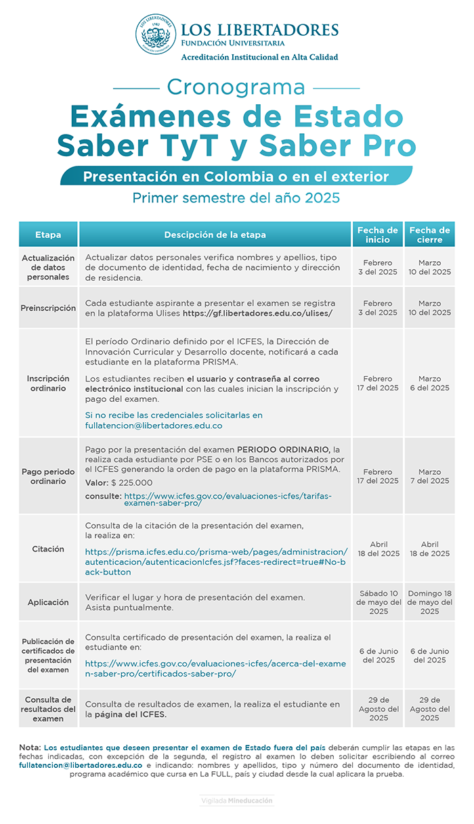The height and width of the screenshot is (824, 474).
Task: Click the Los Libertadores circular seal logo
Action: [156, 35]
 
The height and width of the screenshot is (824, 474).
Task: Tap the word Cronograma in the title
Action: [236, 87]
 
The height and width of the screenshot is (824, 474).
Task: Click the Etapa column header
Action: [48, 235]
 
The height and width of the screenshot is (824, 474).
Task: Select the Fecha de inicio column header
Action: [378, 235]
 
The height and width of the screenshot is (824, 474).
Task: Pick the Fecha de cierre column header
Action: [429, 235]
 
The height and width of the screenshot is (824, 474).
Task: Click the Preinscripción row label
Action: [48, 308]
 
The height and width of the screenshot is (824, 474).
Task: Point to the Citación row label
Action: [48, 549]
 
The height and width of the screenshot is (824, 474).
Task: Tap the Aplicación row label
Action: [48, 602]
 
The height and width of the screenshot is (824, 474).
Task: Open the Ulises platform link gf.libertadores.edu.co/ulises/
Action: [257, 313]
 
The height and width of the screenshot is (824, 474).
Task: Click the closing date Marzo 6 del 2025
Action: [429, 384]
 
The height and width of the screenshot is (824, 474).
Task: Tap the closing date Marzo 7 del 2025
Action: [429, 476]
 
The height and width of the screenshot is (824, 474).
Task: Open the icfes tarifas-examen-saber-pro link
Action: [228, 499]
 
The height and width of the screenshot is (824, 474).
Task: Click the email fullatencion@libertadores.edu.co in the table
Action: [154, 426]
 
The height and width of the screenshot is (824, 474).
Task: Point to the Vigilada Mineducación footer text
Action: [236, 800]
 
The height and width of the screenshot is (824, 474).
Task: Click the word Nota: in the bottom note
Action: [30, 747]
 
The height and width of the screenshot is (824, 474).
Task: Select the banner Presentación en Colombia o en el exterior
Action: [236, 177]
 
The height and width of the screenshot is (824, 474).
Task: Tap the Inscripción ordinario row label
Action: [48, 384]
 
